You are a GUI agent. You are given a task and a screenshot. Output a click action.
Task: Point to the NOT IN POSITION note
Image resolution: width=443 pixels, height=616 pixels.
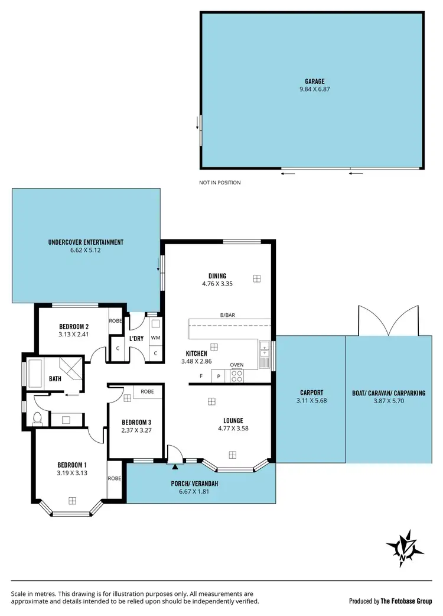click(220, 183)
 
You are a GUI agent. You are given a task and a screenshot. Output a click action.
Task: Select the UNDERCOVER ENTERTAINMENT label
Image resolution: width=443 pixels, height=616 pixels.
click(86, 242)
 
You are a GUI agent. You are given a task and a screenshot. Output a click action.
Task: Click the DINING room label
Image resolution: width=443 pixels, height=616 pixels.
click(217, 275)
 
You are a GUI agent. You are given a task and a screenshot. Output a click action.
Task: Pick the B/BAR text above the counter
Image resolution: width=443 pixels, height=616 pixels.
click(227, 315)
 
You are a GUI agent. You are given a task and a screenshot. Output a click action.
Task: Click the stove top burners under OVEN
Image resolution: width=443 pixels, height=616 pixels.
click(236, 375)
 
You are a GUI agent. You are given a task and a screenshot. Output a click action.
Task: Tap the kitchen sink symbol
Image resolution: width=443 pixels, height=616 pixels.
click(265, 352)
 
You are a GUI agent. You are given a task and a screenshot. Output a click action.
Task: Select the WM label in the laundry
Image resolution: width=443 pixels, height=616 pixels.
click(155, 338)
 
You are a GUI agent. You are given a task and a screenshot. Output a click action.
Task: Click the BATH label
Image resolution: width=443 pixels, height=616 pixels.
click(56, 378)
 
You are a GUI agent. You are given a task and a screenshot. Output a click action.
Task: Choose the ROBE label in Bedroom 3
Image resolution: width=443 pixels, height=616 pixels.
click(147, 391)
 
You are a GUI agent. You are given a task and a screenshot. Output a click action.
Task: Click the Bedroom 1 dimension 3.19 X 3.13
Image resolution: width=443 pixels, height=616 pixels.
click(72, 472)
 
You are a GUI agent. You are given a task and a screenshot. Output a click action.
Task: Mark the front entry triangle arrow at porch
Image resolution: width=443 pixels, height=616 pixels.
click(175, 466)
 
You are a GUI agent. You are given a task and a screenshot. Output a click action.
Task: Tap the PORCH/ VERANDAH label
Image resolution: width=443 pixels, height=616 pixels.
click(194, 484)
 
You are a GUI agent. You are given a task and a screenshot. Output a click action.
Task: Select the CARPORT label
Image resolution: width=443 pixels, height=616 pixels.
click(311, 393)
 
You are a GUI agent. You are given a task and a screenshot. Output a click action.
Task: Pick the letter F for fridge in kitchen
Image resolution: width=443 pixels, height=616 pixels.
click(201, 375)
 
